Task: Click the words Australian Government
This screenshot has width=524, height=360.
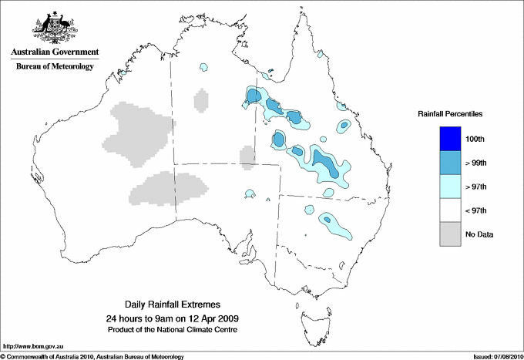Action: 55,52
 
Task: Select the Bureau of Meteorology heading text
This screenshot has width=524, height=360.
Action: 55,67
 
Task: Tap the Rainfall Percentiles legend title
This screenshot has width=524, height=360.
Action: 450,113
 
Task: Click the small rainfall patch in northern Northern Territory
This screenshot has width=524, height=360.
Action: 203,68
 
